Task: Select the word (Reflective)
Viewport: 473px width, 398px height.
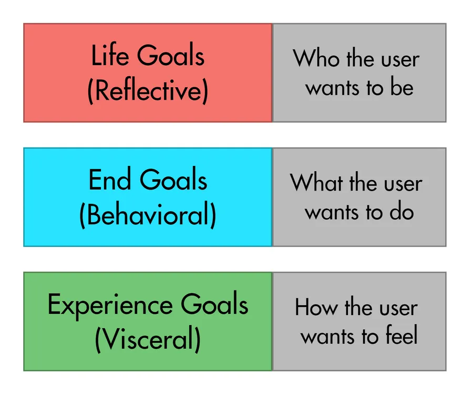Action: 148,90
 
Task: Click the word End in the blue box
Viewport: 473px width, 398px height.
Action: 110,180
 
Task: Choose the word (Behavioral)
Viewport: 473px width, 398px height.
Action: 148,215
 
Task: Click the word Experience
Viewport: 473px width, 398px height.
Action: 110,306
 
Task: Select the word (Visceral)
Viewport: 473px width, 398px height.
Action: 148,339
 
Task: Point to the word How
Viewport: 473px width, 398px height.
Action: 317,307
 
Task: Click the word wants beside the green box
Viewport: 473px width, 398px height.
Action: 328,337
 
